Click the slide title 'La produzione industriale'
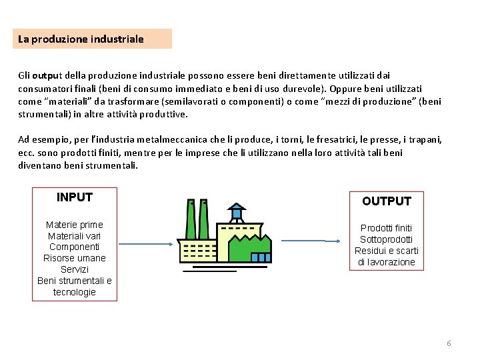[x=81, y=39]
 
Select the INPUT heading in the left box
[x=75, y=197]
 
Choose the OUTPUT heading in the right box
[x=387, y=201]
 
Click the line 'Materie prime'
[x=75, y=225]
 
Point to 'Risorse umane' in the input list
[x=75, y=258]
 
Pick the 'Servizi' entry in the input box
[x=75, y=269]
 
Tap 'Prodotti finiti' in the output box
[x=387, y=228]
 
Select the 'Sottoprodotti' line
[x=387, y=239]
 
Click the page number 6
[x=449, y=343]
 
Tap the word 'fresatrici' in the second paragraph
[x=331, y=140]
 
